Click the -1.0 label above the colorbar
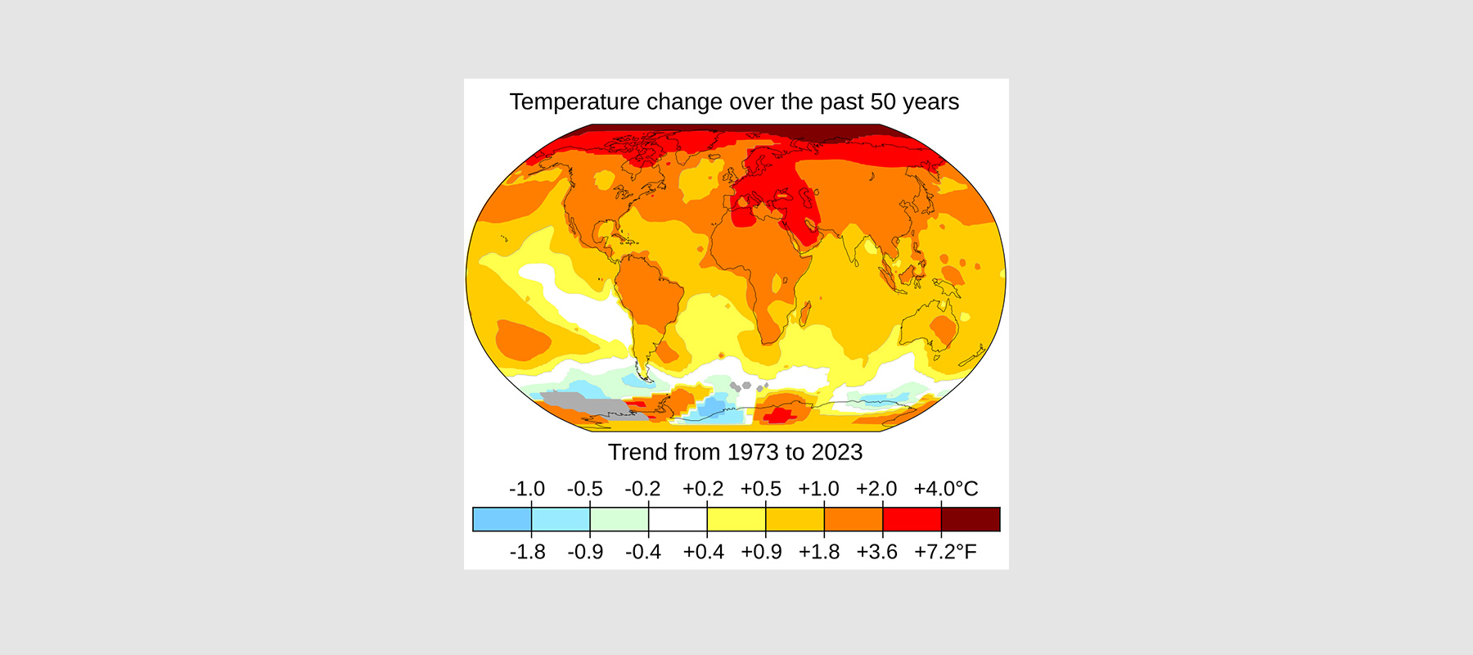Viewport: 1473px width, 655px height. tap(526, 489)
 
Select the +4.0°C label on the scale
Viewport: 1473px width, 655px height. tap(945, 489)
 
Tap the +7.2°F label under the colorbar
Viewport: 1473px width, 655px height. tap(945, 552)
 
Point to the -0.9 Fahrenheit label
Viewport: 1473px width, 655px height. tap(585, 552)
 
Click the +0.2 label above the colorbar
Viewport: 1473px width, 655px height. tap(703, 489)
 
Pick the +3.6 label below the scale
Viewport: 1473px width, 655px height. tap(876, 552)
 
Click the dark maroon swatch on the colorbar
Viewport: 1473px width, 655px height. tap(971, 519)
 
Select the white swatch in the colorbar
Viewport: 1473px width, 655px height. tap(678, 519)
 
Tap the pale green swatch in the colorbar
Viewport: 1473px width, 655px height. tap(619, 519)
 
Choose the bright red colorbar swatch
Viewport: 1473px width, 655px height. tap(912, 519)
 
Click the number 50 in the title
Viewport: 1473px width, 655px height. tap(883, 102)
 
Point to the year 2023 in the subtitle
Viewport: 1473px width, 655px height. tap(837, 452)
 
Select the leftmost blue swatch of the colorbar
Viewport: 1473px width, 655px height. tap(502, 519)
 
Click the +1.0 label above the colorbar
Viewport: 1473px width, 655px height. tap(818, 489)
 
